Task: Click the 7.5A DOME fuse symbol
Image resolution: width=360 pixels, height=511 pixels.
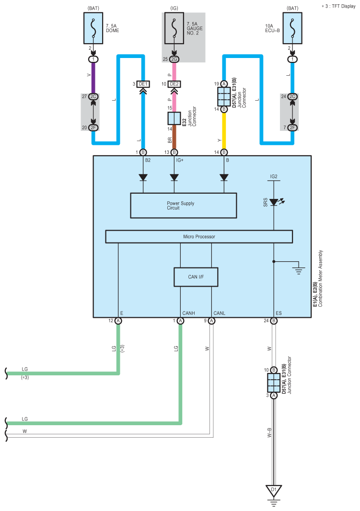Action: point(93,28)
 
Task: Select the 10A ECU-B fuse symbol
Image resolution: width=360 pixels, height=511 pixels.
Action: point(292,28)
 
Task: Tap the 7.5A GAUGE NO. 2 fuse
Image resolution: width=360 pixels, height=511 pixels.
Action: point(174,28)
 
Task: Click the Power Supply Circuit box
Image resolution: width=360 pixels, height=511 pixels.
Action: point(184,206)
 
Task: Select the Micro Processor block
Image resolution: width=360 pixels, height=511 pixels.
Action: point(199,237)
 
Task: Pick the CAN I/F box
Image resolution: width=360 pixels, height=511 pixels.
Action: point(196,277)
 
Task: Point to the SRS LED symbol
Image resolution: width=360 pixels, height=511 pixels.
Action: point(274,202)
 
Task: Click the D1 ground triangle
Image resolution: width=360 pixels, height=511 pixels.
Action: point(274,491)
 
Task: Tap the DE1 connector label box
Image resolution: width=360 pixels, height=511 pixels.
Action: point(143,84)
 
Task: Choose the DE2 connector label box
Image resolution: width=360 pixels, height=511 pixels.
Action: point(174,84)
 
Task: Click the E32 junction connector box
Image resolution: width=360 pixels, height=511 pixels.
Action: point(174,118)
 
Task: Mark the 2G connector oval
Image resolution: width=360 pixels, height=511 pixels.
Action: point(174,59)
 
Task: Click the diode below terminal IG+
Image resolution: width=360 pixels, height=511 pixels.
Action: point(174,178)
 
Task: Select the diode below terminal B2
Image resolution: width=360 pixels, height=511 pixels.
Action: point(143,178)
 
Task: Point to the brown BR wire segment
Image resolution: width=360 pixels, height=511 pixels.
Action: point(174,137)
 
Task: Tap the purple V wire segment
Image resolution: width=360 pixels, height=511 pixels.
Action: point(93,78)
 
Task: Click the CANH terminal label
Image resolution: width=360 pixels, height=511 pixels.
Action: point(189,313)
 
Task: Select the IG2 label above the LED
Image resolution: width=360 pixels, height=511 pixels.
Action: point(274,176)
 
